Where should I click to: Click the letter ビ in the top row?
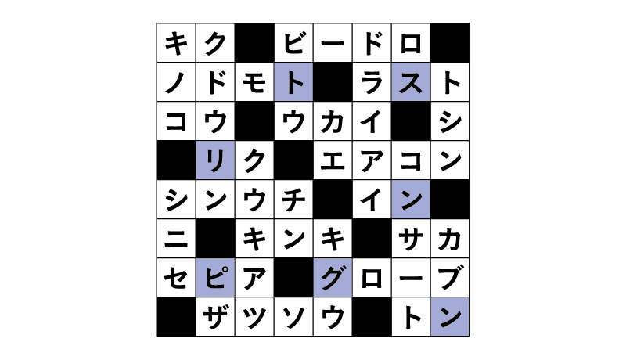tap(293, 43)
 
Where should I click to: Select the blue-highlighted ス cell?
tap(411, 82)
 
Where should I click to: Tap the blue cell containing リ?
tap(215, 160)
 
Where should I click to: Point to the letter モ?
tap(254, 82)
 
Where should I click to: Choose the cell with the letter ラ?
tap(372, 82)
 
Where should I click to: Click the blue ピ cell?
tap(215, 277)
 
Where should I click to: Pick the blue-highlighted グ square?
tap(333, 277)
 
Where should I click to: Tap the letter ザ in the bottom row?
tap(215, 316)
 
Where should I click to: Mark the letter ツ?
tap(254, 317)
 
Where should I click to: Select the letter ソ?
tap(293, 317)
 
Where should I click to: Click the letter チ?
tap(293, 199)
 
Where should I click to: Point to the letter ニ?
tap(176, 239)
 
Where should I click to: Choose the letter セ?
tap(176, 278)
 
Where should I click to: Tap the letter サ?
tap(411, 238)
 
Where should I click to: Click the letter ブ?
tap(450, 276)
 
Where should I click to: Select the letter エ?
tap(333, 161)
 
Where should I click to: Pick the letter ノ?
tap(176, 83)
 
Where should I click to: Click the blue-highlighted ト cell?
tap(293, 82)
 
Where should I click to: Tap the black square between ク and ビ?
tap(254, 43)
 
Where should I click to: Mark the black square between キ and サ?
tap(372, 238)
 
